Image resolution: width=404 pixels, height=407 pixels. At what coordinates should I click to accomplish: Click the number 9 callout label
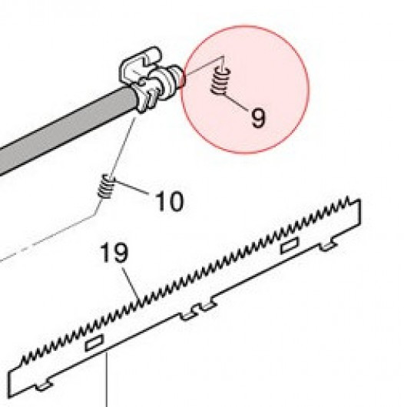click(258, 118)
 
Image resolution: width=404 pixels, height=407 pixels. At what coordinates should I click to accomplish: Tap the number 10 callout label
click(169, 201)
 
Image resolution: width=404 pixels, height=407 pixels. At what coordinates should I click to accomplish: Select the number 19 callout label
click(114, 252)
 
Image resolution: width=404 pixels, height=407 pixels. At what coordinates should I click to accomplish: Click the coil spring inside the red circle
click(220, 81)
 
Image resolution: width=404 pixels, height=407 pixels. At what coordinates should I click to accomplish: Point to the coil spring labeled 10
click(106, 186)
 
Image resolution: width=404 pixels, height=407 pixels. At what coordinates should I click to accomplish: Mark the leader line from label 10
click(131, 187)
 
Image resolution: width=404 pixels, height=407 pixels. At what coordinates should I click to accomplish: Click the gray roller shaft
click(65, 129)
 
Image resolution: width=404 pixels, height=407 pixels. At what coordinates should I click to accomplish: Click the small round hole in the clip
click(142, 82)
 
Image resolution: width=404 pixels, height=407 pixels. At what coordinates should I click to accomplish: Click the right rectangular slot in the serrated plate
click(290, 245)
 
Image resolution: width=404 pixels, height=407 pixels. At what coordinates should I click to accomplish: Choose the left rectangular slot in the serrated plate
click(94, 342)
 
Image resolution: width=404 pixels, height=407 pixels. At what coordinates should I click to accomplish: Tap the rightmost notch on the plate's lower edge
click(329, 247)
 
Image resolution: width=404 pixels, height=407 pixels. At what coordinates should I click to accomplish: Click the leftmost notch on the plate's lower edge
click(44, 385)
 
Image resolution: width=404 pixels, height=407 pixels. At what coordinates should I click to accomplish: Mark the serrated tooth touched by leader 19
click(141, 303)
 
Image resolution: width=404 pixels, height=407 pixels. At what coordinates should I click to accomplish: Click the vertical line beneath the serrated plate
click(107, 380)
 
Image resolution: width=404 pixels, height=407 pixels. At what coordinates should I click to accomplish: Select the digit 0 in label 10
click(175, 201)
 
